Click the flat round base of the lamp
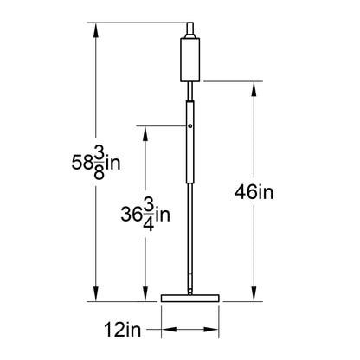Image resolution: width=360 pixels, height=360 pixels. point(190,298)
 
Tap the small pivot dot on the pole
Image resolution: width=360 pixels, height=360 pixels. point(190,126)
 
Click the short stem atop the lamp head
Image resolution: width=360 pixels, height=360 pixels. point(190,29)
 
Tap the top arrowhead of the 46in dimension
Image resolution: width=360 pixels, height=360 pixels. point(254,88)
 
